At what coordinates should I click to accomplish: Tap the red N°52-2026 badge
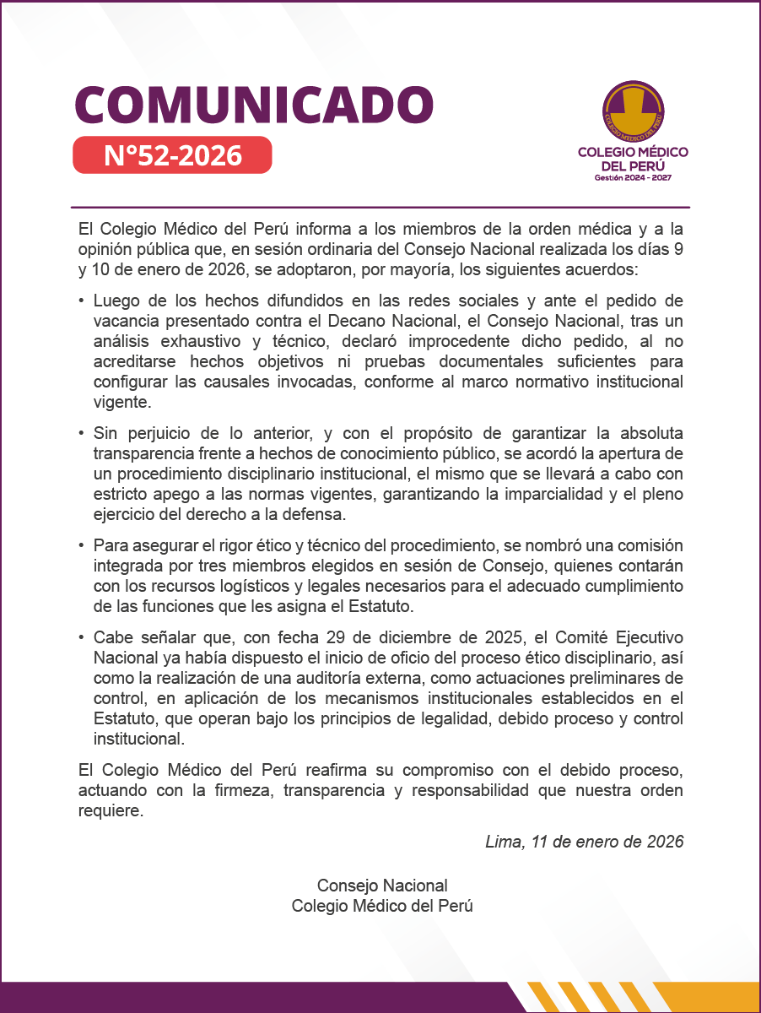(172, 155)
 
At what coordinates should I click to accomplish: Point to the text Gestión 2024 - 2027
(633, 178)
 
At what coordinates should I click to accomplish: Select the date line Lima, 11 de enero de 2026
(584, 842)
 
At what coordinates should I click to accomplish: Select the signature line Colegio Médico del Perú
(381, 906)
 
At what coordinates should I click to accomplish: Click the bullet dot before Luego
(81, 301)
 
